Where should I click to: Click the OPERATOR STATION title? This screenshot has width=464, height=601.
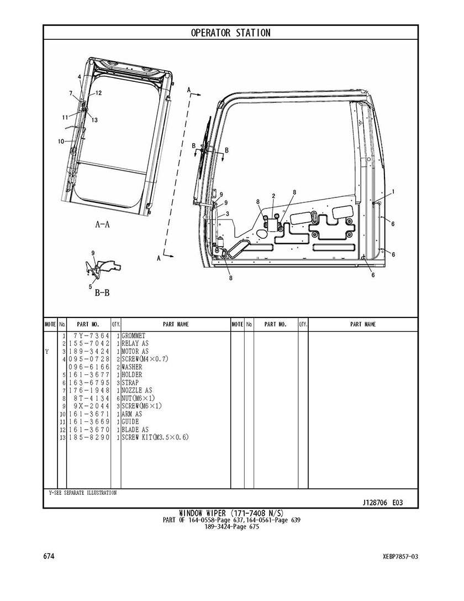(x=230, y=33)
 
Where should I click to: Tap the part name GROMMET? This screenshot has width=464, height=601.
(x=134, y=336)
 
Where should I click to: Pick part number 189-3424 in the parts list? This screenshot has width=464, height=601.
(x=89, y=352)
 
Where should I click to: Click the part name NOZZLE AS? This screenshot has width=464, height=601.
(x=136, y=390)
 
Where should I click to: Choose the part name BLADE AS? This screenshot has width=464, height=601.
(x=135, y=430)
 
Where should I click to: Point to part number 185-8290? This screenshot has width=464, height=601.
(x=89, y=437)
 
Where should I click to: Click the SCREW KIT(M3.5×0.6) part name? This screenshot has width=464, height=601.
(x=155, y=437)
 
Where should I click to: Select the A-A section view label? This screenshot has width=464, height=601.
(x=103, y=224)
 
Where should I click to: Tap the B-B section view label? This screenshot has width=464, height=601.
(x=102, y=293)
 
